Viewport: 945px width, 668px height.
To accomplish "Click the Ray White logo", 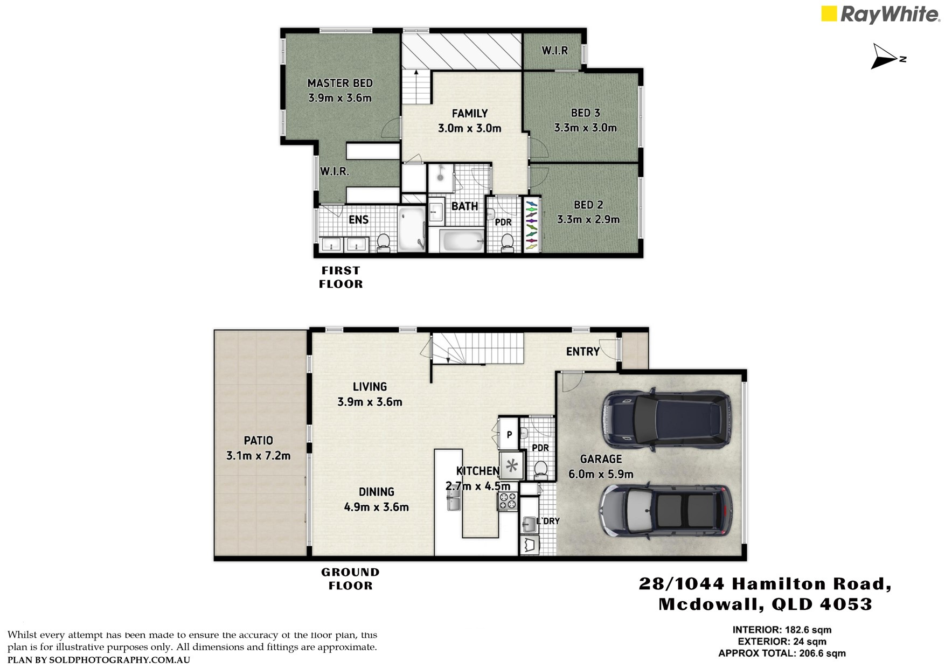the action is coord(880,15).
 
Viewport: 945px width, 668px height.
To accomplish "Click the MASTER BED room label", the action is coord(340,83).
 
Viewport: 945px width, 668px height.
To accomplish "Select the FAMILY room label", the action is coord(470,113).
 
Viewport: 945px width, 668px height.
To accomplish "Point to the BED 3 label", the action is coord(586,113).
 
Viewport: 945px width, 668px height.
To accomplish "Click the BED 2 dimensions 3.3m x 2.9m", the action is coord(588,219).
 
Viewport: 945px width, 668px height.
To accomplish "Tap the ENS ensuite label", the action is coord(359,219).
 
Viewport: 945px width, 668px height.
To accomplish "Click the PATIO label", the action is coord(259,441).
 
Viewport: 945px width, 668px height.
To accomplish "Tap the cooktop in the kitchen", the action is coord(507,502).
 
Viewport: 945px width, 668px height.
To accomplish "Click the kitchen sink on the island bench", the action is coord(453,503).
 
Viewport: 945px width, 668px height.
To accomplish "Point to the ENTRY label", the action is coord(583,352).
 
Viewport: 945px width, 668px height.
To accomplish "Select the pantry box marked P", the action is coord(509,434).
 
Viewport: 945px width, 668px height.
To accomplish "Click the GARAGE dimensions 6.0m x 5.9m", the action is coord(601,474).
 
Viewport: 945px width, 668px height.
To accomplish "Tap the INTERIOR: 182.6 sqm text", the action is coord(782,630).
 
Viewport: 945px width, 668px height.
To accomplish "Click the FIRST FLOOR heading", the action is coord(341,277).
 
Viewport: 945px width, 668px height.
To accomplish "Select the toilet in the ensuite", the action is coord(384,242).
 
